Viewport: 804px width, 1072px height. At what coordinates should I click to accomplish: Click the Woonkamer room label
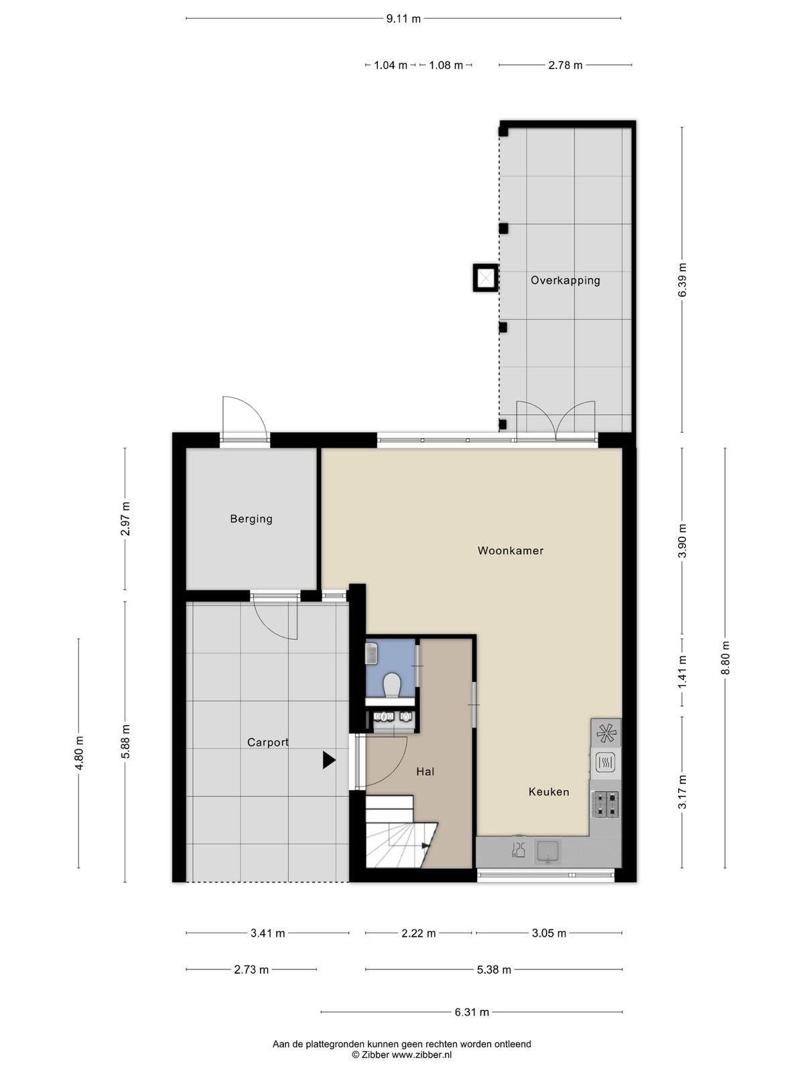(x=510, y=551)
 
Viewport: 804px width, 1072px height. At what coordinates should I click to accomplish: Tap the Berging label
(x=251, y=519)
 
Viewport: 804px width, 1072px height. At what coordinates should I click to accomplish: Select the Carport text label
(x=267, y=743)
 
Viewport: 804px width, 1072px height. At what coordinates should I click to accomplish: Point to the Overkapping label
(x=565, y=281)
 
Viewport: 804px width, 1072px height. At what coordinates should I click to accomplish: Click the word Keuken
(x=549, y=792)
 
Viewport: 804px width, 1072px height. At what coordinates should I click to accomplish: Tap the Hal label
(x=425, y=772)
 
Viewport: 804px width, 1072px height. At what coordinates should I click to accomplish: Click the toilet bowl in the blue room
(x=391, y=685)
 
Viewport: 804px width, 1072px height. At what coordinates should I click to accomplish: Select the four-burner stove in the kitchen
(x=605, y=805)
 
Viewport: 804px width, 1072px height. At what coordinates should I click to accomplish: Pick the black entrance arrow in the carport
(x=328, y=760)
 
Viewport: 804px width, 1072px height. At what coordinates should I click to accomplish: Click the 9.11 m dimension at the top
(x=403, y=19)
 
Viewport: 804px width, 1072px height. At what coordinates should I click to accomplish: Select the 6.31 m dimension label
(x=472, y=1012)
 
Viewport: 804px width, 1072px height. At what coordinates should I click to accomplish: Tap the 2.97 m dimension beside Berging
(x=125, y=519)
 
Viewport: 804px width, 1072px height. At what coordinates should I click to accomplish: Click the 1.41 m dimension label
(x=682, y=672)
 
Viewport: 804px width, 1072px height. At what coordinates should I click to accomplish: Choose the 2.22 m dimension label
(x=418, y=933)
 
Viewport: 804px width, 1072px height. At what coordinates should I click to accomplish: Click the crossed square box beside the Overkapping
(x=485, y=278)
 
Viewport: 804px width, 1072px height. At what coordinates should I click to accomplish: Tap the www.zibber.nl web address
(x=422, y=1055)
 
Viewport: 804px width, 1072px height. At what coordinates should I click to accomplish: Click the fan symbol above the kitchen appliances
(x=606, y=732)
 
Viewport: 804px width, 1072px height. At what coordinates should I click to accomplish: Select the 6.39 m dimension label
(x=682, y=279)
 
